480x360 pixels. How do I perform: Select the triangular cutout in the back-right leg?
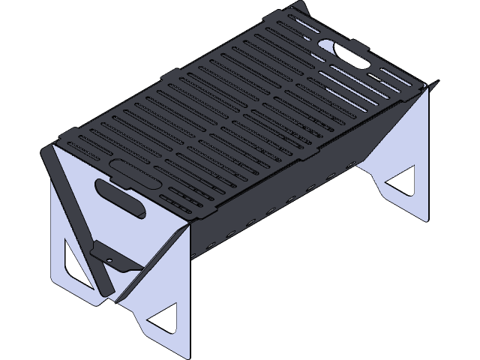click(x=402, y=182)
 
